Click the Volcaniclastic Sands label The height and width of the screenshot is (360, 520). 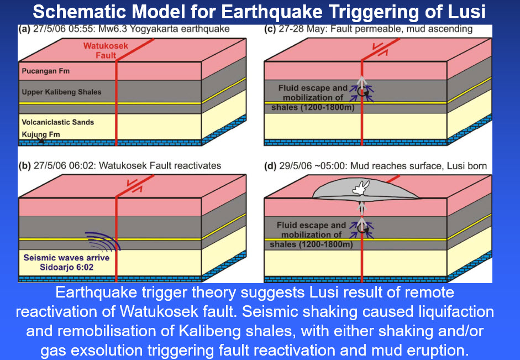pyautogui.click(x=57, y=122)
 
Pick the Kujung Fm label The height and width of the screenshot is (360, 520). pyautogui.click(x=40, y=134)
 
